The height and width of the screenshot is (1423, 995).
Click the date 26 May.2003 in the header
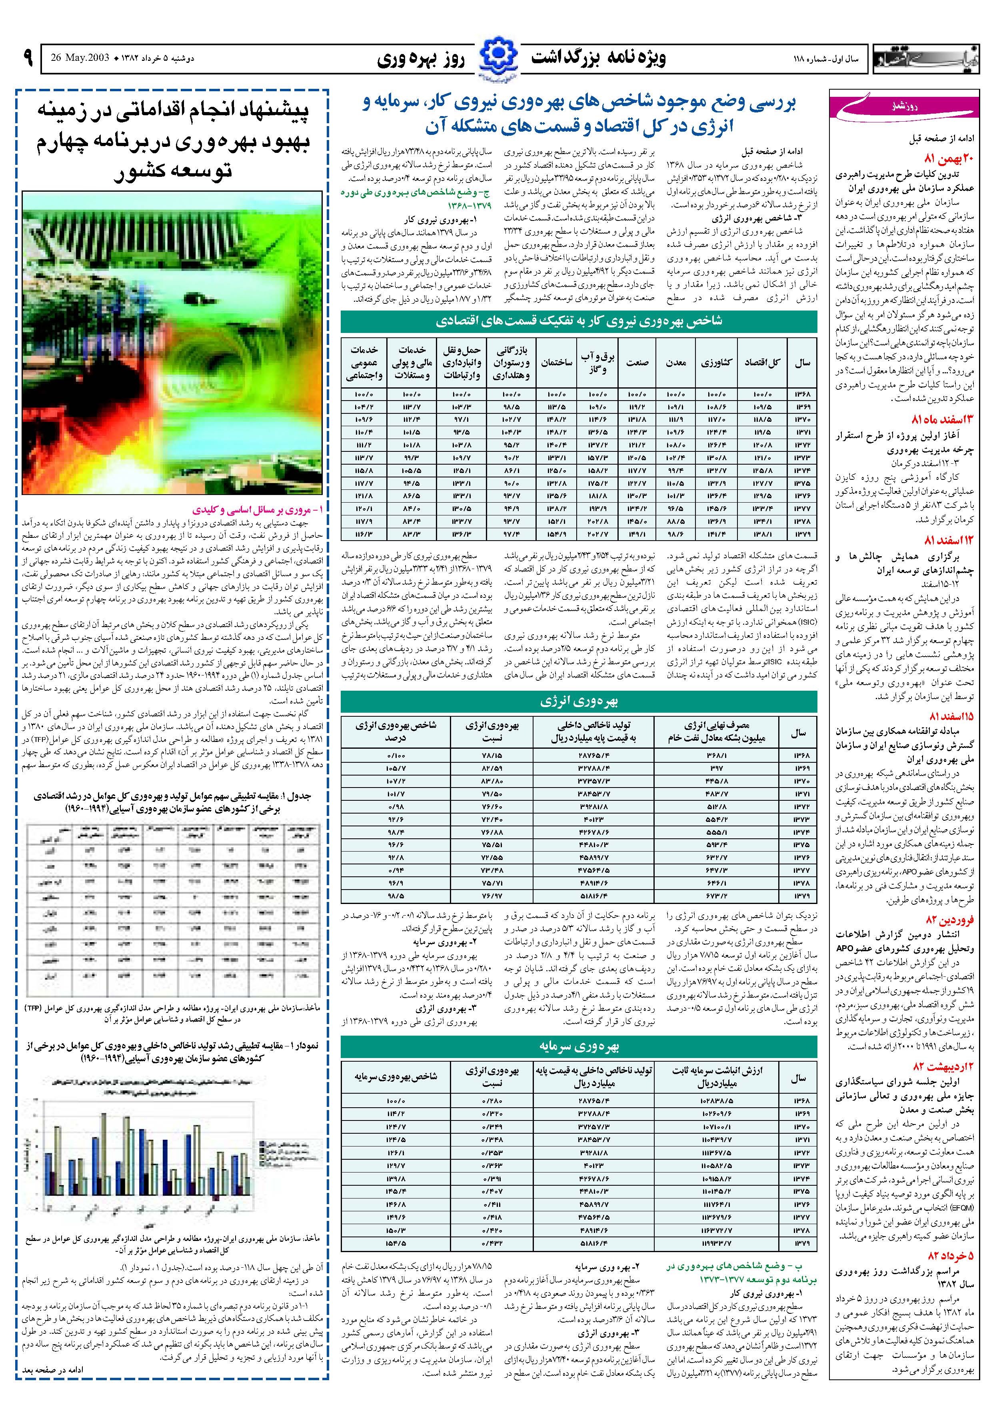[79, 58]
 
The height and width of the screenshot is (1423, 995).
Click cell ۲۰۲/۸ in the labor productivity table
[598, 521]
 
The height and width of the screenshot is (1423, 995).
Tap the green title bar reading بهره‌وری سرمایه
[579, 1046]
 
